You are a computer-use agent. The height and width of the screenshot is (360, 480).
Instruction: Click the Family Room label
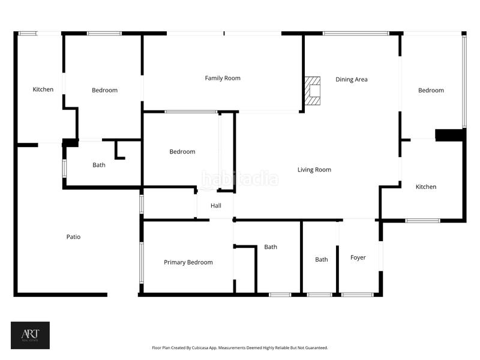pyautogui.click(x=223, y=78)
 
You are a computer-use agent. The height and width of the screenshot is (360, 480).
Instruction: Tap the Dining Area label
pyautogui.click(x=351, y=80)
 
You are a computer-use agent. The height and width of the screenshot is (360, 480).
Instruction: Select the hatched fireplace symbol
pyautogui.click(x=312, y=91)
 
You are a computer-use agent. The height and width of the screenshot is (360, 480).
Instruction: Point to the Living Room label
pyautogui.click(x=314, y=170)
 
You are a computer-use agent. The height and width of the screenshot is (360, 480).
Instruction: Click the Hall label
pyautogui.click(x=216, y=206)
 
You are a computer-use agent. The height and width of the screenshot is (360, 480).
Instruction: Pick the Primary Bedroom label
pyautogui.click(x=188, y=262)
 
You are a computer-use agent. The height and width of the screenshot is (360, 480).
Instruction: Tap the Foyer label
pyautogui.click(x=358, y=258)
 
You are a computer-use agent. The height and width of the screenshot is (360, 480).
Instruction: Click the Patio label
pyautogui.click(x=73, y=236)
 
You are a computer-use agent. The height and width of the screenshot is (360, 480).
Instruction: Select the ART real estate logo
pyautogui.click(x=31, y=335)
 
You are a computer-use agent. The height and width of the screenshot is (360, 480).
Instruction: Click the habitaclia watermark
pyautogui.click(x=240, y=179)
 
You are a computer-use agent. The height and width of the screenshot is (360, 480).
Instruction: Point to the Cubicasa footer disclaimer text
pyautogui.click(x=239, y=348)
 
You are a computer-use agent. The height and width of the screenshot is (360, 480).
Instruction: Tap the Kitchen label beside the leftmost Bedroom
pyautogui.click(x=43, y=89)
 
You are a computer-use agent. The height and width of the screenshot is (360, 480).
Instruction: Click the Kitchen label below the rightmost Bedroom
pyautogui.click(x=426, y=187)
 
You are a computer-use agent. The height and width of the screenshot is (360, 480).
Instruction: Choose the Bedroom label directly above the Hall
pyautogui.click(x=182, y=152)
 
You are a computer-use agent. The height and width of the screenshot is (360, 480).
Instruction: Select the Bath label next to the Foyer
pyautogui.click(x=322, y=260)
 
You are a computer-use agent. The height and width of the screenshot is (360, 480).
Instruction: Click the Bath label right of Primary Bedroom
pyautogui.click(x=271, y=247)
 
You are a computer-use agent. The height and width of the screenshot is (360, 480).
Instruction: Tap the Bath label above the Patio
pyautogui.click(x=99, y=165)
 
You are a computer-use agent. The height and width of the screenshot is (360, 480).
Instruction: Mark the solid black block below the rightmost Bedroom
pyautogui.click(x=449, y=135)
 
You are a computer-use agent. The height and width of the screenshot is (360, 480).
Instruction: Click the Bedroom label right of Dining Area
pyautogui.click(x=431, y=91)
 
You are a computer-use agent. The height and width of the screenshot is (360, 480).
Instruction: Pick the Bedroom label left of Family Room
pyautogui.click(x=104, y=91)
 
